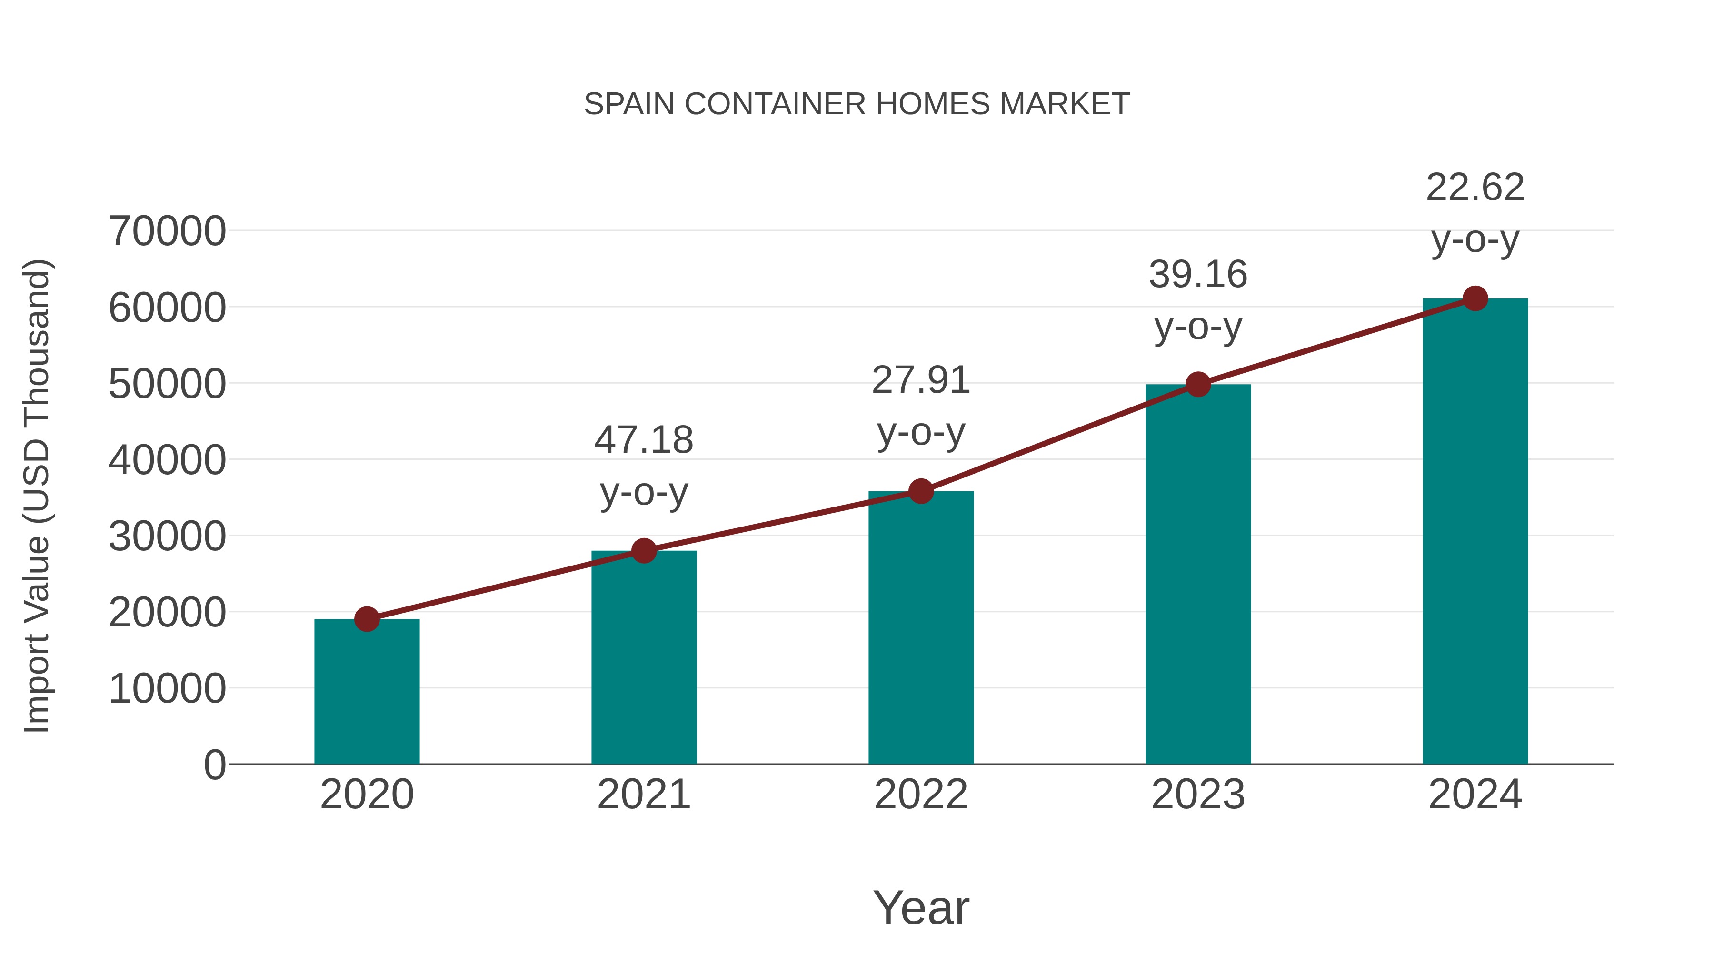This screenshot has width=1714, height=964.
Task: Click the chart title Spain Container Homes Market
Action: (857, 104)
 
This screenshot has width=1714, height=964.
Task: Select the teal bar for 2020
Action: (367, 692)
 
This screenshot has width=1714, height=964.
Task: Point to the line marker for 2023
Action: (1198, 385)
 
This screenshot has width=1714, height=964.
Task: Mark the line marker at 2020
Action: (367, 619)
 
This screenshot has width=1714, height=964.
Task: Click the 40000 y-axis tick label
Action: (167, 460)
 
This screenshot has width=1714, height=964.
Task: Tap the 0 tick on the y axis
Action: (214, 765)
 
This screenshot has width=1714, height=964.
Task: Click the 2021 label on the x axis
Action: (643, 795)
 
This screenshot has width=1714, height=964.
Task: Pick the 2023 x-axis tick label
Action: (1198, 795)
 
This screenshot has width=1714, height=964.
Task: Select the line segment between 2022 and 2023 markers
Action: (1059, 438)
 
